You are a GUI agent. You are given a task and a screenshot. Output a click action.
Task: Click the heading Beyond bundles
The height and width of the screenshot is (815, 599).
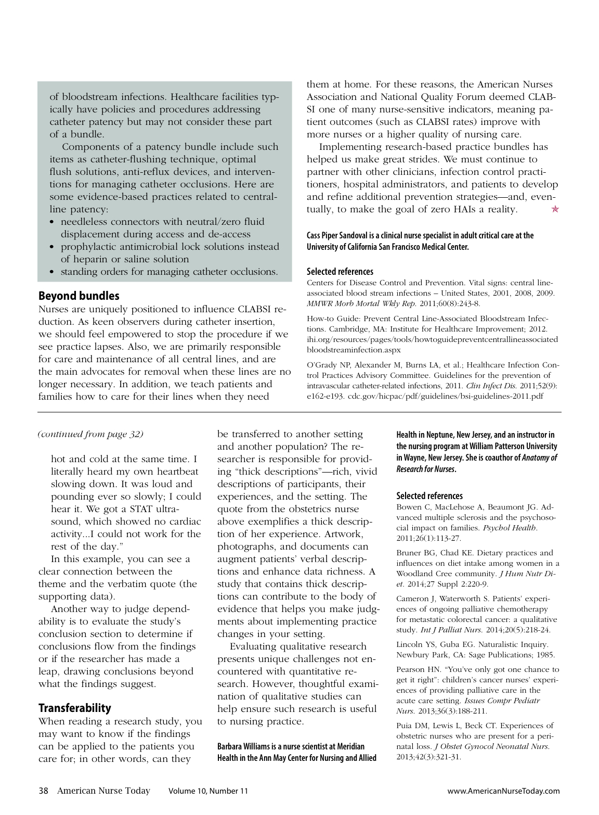point(79,296)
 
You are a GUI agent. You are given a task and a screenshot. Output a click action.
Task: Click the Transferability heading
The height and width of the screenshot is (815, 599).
point(75,708)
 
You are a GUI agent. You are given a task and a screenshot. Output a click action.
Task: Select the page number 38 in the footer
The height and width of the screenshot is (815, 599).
point(44,791)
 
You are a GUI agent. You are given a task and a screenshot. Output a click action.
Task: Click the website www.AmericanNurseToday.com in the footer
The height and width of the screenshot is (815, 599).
point(503,791)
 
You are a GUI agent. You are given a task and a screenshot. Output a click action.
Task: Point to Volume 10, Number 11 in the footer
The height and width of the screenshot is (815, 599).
point(208,791)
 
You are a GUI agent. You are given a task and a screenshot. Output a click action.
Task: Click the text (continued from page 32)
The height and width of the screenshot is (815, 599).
point(91,434)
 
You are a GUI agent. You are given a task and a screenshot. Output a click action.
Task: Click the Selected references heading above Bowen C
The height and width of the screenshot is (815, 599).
point(429,495)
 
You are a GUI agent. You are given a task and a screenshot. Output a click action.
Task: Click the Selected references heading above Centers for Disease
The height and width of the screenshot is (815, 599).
point(340,271)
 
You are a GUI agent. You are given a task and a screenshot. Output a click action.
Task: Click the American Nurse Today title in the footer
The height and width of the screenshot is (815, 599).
point(103,791)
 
